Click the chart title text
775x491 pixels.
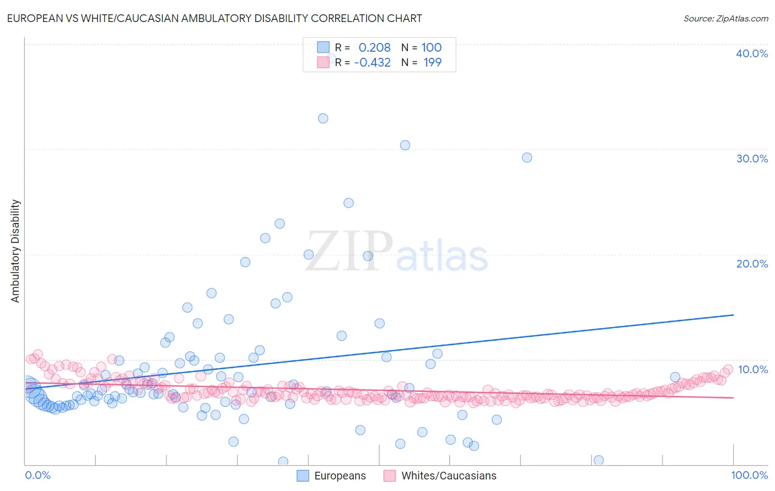[214, 18]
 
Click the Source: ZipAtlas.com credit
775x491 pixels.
[725, 18]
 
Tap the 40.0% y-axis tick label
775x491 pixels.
[751, 53]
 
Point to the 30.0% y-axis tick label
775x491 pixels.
[751, 159]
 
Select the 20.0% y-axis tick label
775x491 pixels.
[751, 264]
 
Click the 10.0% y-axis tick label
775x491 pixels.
[752, 369]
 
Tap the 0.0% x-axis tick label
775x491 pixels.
[37, 475]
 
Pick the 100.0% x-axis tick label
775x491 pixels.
[749, 475]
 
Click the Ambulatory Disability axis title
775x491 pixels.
[15, 250]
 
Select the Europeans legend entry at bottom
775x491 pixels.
[331, 476]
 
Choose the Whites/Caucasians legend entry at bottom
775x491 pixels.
[440, 476]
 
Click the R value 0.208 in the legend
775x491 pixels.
[374, 48]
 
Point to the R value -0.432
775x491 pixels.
[372, 63]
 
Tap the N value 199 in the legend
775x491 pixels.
[432, 63]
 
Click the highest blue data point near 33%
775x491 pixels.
[323, 118]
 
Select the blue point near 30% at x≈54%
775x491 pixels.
[405, 145]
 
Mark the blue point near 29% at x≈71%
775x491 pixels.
[527, 157]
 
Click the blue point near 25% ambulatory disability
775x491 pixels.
[348, 203]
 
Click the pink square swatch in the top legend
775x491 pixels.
[323, 62]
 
